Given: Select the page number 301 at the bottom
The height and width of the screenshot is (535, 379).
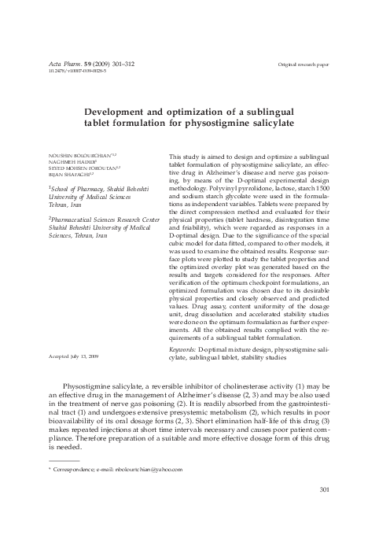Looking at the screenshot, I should click(322, 492).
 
